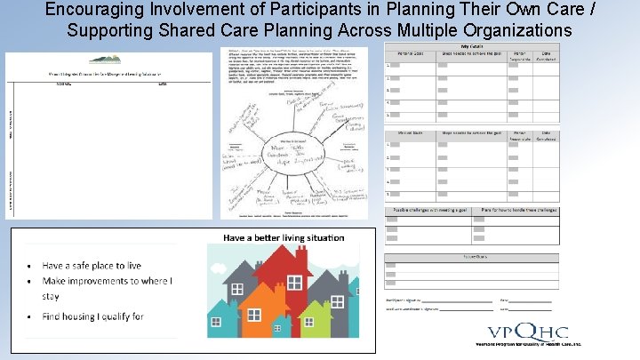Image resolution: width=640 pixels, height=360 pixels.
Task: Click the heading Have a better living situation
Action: tap(284, 237)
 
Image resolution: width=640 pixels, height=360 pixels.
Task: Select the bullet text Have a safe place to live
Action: tap(92, 265)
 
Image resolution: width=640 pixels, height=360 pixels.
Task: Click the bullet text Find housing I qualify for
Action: tap(92, 316)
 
